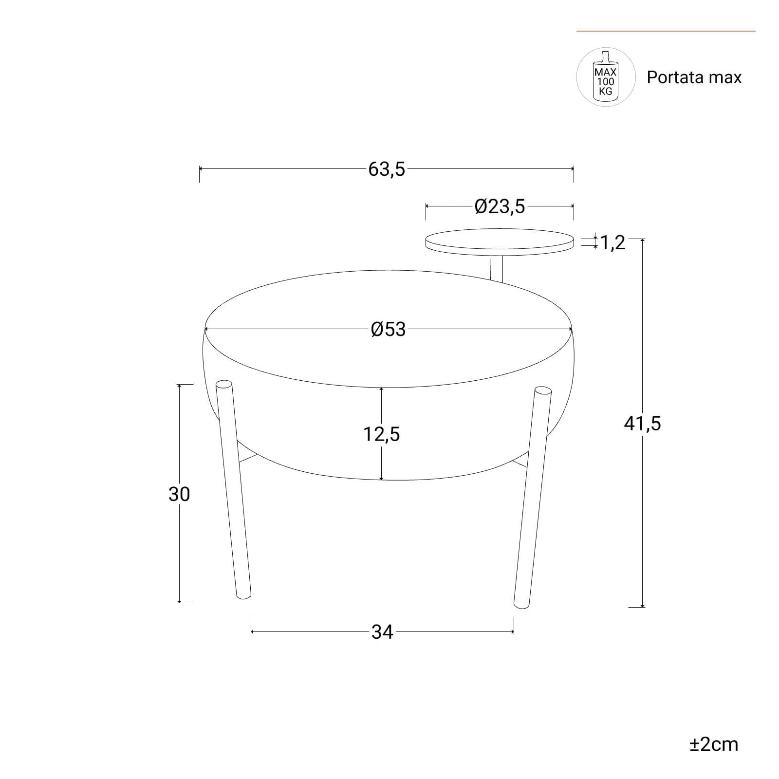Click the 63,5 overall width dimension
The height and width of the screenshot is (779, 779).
point(387,169)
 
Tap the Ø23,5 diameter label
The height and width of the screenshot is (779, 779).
point(500,207)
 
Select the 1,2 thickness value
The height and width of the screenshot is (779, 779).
point(612,242)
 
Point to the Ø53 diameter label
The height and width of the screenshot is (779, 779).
point(388,330)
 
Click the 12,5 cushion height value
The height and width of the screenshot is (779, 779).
point(382,434)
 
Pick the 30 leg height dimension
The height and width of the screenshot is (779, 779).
point(179,494)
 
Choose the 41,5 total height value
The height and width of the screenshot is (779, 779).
point(643,424)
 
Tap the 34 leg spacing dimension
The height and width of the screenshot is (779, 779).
point(382,632)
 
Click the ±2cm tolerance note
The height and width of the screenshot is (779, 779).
point(714,744)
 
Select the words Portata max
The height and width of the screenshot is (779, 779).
point(694,77)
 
